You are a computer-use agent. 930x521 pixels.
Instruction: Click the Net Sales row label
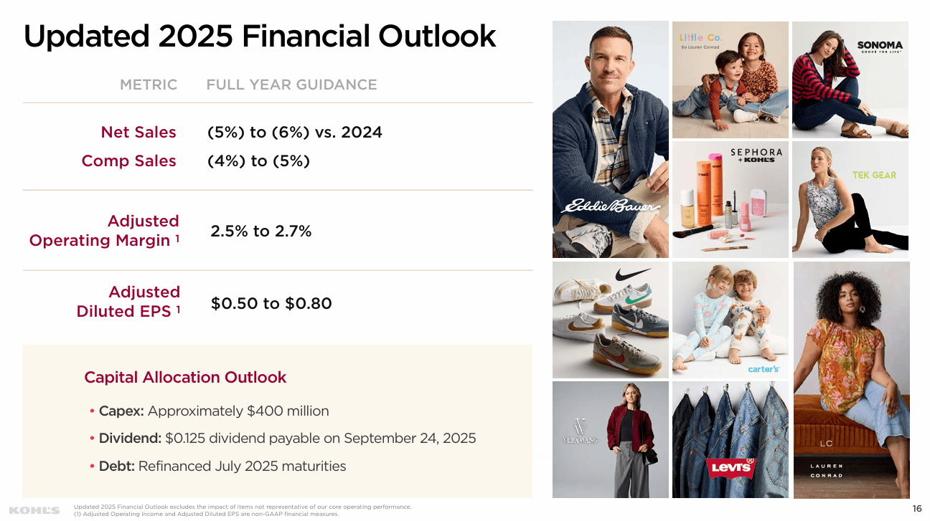[x=138, y=133]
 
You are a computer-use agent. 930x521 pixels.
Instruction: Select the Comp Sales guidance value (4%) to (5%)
[x=258, y=161]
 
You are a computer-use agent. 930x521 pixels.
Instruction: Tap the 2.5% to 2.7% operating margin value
[x=261, y=231]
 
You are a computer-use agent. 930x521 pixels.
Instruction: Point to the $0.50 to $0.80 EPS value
[x=271, y=303]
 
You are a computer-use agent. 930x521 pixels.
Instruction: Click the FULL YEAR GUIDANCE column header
[x=291, y=85]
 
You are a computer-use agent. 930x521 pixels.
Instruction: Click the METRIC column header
[x=149, y=85]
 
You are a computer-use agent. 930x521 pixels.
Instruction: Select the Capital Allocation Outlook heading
[x=185, y=377]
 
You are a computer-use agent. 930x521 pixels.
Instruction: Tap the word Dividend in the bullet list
[x=130, y=439]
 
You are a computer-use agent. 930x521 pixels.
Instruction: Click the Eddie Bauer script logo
[x=610, y=206]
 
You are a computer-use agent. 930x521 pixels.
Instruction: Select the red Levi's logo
[x=731, y=469]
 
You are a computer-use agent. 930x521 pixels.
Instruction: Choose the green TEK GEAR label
[x=874, y=175]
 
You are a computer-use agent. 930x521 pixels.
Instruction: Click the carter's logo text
[x=763, y=369]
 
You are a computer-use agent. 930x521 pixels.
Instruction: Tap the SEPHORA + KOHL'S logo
[x=756, y=156]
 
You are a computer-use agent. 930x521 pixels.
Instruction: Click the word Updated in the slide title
[x=85, y=36]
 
